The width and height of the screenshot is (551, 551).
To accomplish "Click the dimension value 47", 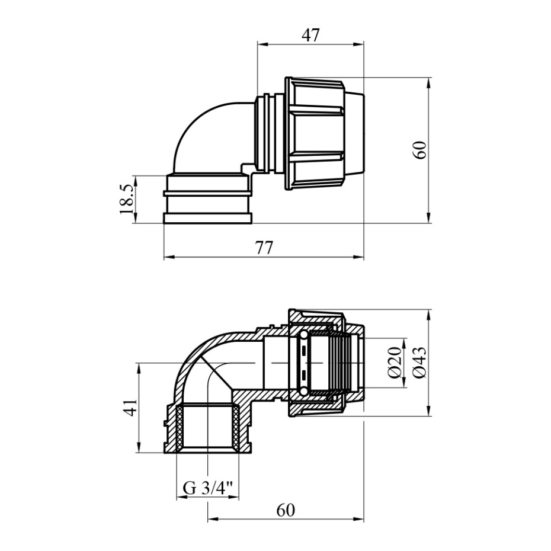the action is (x=311, y=35).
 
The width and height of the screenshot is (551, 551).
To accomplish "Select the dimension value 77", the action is (x=264, y=248).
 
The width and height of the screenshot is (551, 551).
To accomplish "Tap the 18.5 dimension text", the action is (x=127, y=200).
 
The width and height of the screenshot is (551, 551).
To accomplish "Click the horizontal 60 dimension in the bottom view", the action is (x=286, y=511).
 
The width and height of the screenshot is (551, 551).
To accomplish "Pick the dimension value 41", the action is (x=131, y=408).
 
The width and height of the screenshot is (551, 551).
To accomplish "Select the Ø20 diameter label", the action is (x=395, y=362).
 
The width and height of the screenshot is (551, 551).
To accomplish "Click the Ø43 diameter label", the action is (x=420, y=362).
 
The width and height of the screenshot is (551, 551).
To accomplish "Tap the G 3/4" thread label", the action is (x=208, y=488).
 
